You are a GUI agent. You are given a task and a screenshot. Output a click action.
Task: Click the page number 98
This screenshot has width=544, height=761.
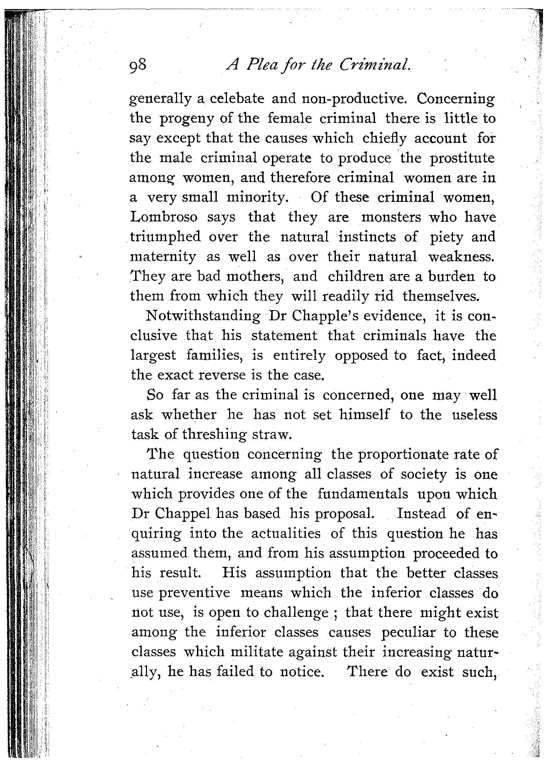(139, 66)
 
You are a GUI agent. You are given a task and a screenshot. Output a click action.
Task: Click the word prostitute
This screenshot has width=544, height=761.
(462, 159)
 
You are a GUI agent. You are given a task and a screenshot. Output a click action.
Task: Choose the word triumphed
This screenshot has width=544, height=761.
(166, 237)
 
